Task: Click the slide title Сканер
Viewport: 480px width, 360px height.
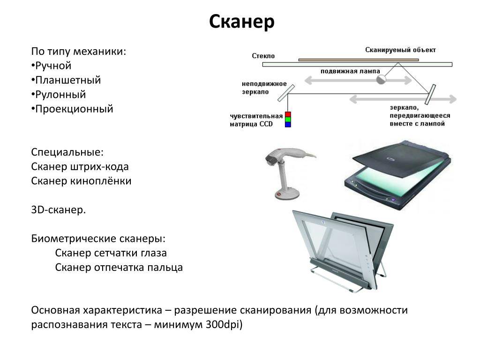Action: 241,22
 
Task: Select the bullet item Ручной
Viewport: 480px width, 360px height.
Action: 52,66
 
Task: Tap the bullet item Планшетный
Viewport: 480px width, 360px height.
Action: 67,80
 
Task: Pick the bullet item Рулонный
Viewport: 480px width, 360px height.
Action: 60,95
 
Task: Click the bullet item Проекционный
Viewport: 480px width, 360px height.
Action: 74,109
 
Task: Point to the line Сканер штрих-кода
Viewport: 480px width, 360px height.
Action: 80,166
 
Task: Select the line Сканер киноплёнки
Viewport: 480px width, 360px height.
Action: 81,181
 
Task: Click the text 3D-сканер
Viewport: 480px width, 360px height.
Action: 59,210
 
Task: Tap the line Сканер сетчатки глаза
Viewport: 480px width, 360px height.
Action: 111,253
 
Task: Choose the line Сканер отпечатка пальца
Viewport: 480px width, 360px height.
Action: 119,268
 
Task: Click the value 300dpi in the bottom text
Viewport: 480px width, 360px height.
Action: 224,325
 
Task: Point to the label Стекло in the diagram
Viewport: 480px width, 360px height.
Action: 263,56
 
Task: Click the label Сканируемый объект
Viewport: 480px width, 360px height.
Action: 400,50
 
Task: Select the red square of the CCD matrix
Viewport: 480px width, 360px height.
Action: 288,114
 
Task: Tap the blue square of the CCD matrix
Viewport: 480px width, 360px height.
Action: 288,125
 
